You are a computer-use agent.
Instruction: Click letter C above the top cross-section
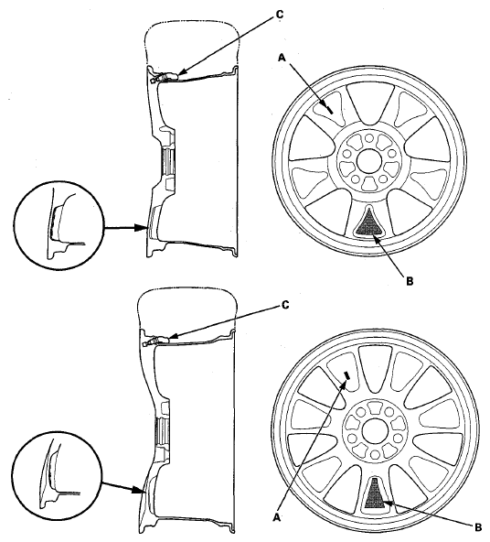click(x=279, y=15)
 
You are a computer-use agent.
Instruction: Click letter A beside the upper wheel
click(x=282, y=58)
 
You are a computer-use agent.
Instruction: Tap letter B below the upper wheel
click(x=410, y=281)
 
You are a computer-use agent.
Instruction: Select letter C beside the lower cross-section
click(x=285, y=305)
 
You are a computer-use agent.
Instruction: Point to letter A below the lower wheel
click(x=276, y=517)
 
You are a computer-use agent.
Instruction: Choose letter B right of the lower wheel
click(x=478, y=527)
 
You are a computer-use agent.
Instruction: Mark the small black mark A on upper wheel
click(x=330, y=110)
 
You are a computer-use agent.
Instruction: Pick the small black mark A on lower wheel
click(x=347, y=375)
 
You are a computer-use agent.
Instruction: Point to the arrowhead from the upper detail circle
click(x=143, y=228)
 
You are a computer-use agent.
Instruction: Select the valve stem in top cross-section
click(x=165, y=77)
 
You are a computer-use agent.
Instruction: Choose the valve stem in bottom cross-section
click(x=157, y=341)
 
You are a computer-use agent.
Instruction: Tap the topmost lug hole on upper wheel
click(x=369, y=138)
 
